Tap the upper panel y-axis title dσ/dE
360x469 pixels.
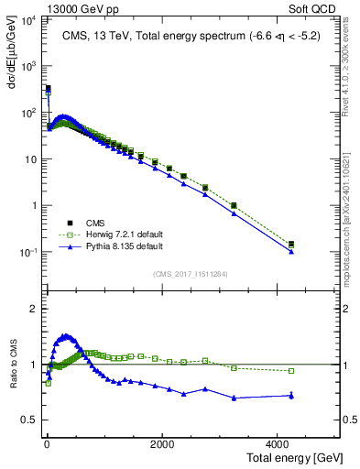pos(10,54)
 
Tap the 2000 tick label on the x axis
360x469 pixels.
pos(162,443)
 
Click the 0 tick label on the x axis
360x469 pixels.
pos(46,443)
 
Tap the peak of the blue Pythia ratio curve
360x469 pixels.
pos(64,335)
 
